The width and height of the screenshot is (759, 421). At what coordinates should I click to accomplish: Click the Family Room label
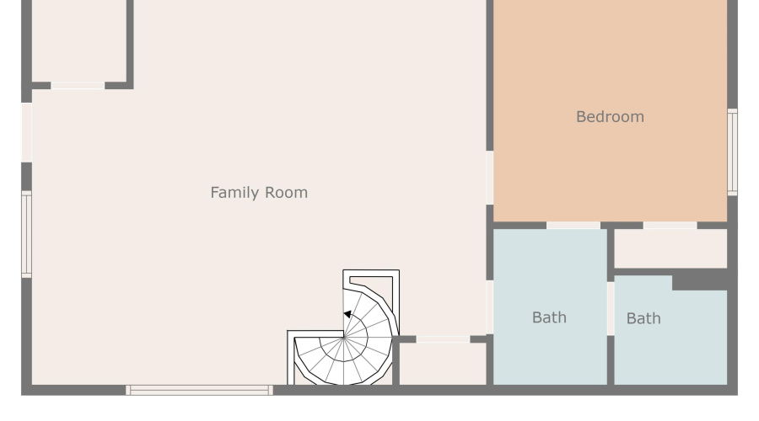(259, 193)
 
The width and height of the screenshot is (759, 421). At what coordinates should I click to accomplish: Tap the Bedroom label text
(610, 117)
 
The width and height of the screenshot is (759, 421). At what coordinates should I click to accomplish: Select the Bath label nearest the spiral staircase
(549, 317)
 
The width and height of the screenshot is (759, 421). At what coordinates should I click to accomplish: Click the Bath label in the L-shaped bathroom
(643, 318)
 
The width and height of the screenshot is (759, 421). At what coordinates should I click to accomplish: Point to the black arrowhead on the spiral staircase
(347, 315)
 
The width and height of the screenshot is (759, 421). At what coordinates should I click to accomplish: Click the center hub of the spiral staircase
(344, 337)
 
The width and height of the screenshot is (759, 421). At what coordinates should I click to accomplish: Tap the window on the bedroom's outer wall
(732, 152)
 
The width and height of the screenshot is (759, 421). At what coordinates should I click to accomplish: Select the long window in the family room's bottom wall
(199, 390)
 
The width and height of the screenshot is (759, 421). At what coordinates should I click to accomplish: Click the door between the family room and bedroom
(489, 177)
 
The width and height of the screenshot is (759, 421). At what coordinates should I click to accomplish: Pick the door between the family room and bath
(489, 306)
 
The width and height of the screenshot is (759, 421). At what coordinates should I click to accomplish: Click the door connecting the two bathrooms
(611, 308)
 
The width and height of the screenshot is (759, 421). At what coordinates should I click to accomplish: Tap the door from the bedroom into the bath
(573, 226)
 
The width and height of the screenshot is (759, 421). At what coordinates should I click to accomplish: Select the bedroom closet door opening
(670, 226)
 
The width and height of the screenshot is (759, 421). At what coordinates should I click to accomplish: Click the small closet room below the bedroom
(670, 248)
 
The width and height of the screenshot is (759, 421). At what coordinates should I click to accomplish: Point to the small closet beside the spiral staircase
(442, 364)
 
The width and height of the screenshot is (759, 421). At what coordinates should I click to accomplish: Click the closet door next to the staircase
(443, 339)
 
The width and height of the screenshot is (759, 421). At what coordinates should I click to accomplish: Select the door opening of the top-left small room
(78, 85)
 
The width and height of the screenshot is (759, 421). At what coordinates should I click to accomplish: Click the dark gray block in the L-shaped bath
(700, 280)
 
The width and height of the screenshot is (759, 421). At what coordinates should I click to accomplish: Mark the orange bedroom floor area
(610, 168)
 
